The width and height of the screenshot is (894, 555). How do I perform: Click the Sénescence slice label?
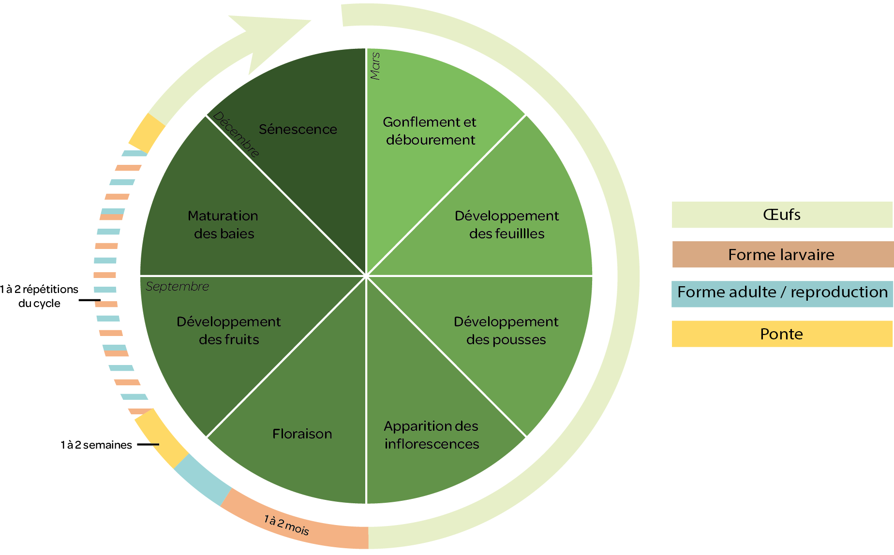(x=298, y=130)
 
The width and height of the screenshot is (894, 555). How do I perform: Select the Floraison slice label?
(x=302, y=434)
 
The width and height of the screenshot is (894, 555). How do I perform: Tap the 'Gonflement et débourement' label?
(x=430, y=131)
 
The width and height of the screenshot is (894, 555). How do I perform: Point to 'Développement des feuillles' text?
(x=507, y=225)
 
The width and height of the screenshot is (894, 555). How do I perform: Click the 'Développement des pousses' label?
(x=506, y=331)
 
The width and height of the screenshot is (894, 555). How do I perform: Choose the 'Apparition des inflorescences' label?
(x=432, y=435)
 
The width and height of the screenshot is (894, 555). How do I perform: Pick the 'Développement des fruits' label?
(x=229, y=331)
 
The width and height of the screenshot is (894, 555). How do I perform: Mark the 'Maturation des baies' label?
(x=223, y=225)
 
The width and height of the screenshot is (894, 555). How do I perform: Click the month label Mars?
(x=375, y=66)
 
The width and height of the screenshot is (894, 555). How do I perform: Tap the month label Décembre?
(x=236, y=134)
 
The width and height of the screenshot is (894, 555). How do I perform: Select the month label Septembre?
(x=177, y=287)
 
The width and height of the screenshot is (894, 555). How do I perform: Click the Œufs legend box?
(x=782, y=215)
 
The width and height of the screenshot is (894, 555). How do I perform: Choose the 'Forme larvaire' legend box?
(x=782, y=254)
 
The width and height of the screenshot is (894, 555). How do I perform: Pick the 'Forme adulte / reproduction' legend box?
(x=782, y=292)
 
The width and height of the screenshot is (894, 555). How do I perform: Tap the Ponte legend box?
(x=782, y=334)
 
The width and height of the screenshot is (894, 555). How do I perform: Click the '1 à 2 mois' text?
(x=286, y=525)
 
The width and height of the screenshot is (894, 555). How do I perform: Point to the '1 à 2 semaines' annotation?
(x=96, y=445)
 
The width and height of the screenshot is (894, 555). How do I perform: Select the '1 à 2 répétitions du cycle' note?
(x=39, y=296)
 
